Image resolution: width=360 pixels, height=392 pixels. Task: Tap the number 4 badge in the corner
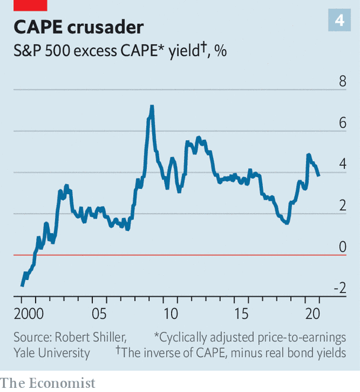coord(339,21)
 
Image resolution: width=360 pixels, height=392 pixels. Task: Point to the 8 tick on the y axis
coord(342,82)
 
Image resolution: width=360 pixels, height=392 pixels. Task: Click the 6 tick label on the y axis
coord(342,123)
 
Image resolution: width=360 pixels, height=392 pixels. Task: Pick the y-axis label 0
coord(342,247)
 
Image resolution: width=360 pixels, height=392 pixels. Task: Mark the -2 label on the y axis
coord(339,288)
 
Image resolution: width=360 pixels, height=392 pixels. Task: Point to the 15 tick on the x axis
coord(245,313)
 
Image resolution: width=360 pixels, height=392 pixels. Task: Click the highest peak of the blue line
coord(152,107)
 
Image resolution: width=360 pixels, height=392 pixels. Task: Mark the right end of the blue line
coord(319,175)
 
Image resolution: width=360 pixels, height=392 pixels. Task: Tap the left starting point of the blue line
coord(22,285)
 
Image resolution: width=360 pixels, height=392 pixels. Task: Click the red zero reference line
coord(178,255)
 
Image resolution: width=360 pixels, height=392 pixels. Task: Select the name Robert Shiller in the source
coord(90,338)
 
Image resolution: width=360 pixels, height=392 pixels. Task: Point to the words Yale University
coord(52,354)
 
